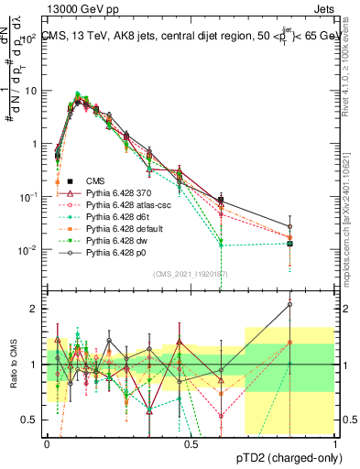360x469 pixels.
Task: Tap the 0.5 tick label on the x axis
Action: click(189, 443)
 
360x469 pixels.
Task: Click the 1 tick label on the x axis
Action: click(334, 443)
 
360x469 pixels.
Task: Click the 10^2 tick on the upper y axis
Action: click(28, 38)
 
